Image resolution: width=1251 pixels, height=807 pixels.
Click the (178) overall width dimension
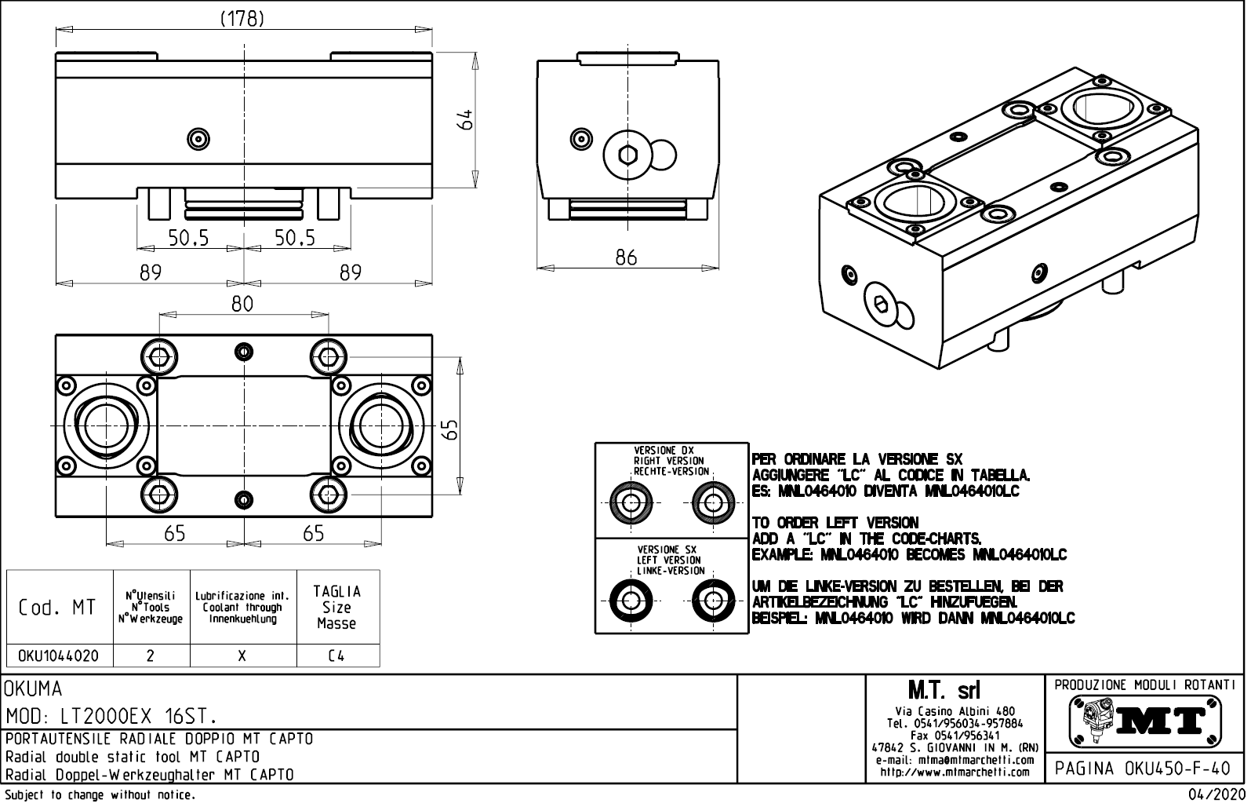[x=241, y=19]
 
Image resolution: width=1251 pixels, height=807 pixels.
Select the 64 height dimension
[x=466, y=119]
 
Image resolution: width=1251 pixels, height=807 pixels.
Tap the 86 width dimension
[x=626, y=257]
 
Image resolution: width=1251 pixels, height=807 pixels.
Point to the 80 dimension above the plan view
[x=242, y=304]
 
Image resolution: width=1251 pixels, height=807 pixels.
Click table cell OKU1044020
[x=60, y=655]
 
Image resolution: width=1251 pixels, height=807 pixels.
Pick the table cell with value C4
[x=336, y=655]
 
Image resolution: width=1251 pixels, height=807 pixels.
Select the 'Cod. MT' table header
[x=60, y=607]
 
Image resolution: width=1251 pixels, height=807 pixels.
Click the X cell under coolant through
[x=242, y=655]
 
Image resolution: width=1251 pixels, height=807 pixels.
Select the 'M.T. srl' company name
[x=955, y=690]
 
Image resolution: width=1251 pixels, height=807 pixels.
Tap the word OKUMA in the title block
[x=33, y=689]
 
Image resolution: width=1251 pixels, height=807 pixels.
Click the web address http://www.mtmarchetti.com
[x=955, y=772]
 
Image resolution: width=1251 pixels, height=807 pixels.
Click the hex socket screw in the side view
[x=626, y=155]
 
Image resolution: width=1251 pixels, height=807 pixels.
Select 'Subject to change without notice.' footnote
[x=100, y=795]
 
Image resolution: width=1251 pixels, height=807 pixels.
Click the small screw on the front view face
[x=198, y=140]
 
